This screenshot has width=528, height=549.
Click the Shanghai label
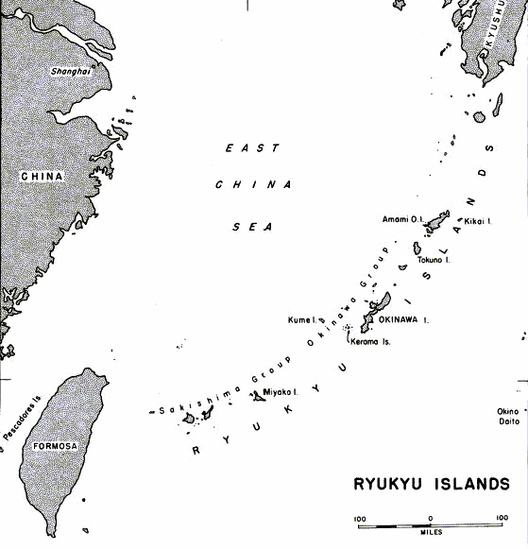click(x=70, y=70)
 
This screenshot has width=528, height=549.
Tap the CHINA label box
click(x=41, y=176)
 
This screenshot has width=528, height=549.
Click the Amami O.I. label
click(x=400, y=219)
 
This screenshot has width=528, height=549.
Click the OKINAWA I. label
click(x=405, y=319)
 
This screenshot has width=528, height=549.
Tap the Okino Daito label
click(x=509, y=416)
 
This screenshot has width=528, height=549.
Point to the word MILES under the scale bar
click(x=430, y=531)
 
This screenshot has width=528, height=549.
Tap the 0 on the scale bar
click(x=431, y=517)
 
